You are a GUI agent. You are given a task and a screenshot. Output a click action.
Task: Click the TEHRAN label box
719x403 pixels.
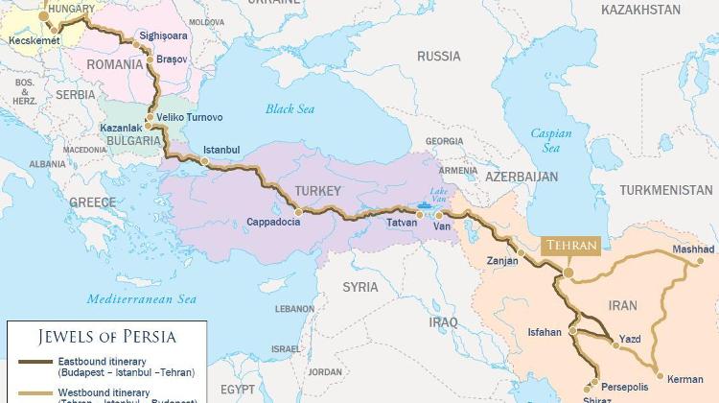click(571, 246)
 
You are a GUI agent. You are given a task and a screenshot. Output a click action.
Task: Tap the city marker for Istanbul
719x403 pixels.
click(204, 162)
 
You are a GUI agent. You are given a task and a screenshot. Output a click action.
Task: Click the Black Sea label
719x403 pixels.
click(290, 109)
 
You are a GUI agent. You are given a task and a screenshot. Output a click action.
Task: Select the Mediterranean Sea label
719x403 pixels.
click(141, 298)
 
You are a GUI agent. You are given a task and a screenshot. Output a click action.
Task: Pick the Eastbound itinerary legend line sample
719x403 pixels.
click(35, 362)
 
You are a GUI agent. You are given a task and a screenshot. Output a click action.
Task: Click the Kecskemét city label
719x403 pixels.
click(34, 41)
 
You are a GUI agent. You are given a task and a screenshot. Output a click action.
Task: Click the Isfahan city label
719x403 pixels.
click(545, 332)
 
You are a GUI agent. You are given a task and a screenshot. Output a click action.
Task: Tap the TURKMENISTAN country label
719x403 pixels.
click(666, 191)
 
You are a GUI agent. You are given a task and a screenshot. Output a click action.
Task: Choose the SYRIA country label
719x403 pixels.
click(360, 287)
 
